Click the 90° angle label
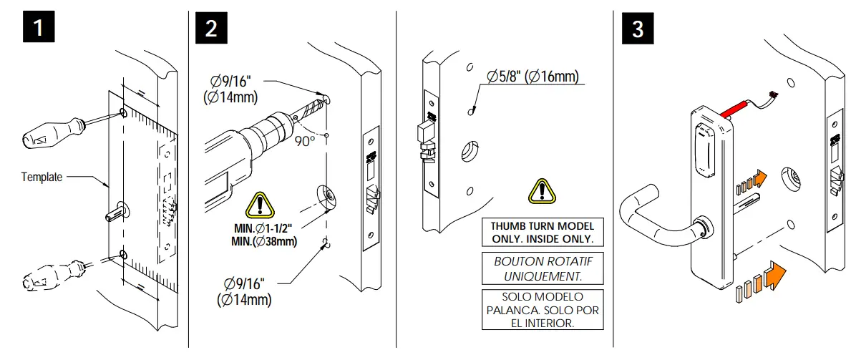pyautogui.click(x=305, y=140)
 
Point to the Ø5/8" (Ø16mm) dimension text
pyautogui.click(x=532, y=76)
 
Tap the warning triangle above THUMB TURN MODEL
pyautogui.click(x=543, y=191)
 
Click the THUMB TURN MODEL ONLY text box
pyautogui.click(x=543, y=232)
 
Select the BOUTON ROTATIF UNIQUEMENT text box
pyautogui.click(x=543, y=268)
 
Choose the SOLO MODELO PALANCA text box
pyautogui.click(x=543, y=310)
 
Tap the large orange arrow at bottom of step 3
pyautogui.click(x=774, y=276)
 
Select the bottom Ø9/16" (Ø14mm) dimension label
pyautogui.click(x=244, y=292)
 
